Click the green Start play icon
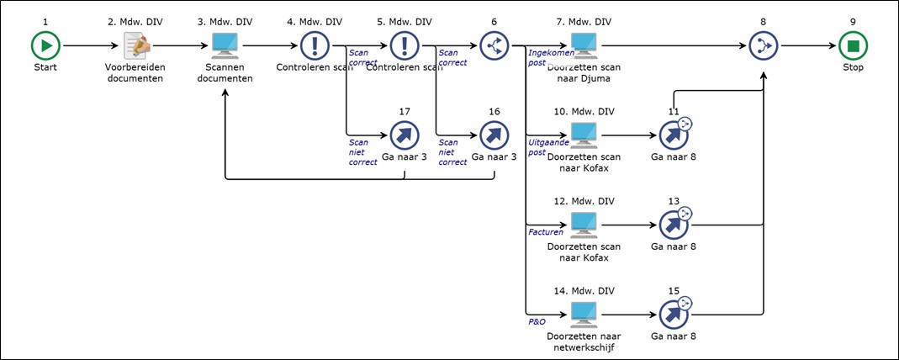pyautogui.click(x=45, y=45)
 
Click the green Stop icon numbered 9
pyautogui.click(x=853, y=45)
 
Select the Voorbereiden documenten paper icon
pyautogui.click(x=135, y=45)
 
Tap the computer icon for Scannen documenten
pyautogui.click(x=225, y=45)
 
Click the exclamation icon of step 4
pyautogui.click(x=315, y=45)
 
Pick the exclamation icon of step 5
pyautogui.click(x=405, y=45)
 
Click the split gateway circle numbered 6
pyautogui.click(x=494, y=45)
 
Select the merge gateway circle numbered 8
pyautogui.click(x=764, y=45)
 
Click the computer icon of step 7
pyautogui.click(x=584, y=45)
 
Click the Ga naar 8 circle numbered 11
pyautogui.click(x=674, y=135)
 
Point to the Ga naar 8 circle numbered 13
pyautogui.click(x=674, y=225)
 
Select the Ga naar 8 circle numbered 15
pyautogui.click(x=674, y=315)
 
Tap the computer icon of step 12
pyautogui.click(x=584, y=223)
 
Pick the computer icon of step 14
pyautogui.click(x=584, y=313)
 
